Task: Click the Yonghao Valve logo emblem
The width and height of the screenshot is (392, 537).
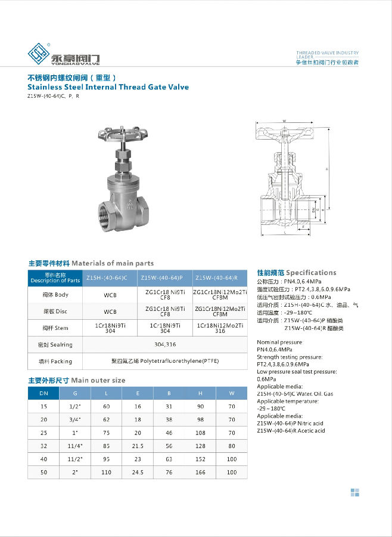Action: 39,54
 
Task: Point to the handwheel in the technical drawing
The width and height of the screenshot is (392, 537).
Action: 284,129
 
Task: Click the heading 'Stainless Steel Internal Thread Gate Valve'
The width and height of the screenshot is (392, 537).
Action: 108,87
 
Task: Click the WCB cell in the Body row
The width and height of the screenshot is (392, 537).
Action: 110,295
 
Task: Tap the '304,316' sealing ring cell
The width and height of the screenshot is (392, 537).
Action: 164,344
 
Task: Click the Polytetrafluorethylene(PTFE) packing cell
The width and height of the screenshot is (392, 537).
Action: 166,361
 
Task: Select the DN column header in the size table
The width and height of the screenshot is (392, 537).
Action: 43,393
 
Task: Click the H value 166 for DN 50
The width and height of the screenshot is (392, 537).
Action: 201,473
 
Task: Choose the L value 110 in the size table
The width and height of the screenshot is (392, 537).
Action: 107,473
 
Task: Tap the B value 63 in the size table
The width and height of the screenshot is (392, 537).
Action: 169,459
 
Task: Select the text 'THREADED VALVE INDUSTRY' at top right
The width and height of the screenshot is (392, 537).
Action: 328,53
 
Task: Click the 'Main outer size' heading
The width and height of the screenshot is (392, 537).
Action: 98,380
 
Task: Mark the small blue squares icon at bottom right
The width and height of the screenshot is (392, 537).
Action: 355,492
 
